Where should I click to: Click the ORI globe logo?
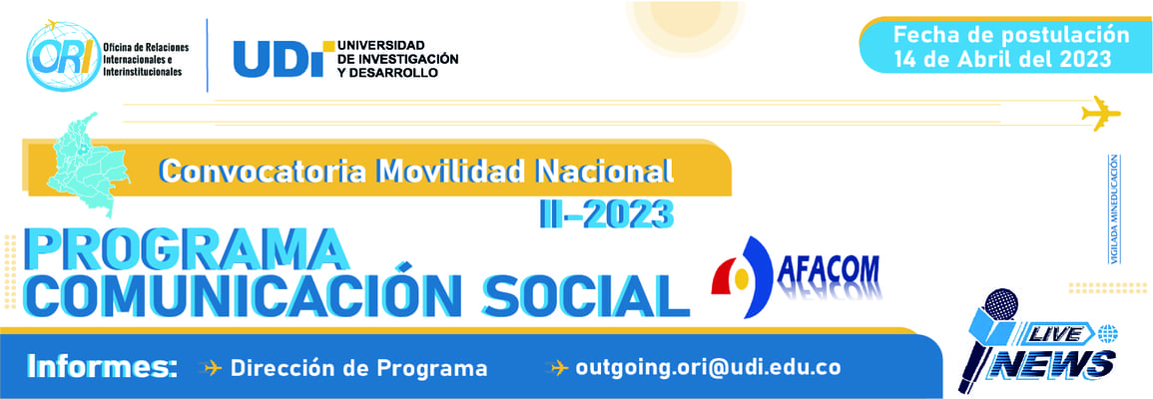(x=63, y=56)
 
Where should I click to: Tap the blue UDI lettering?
(x=279, y=59)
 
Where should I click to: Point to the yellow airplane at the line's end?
(x=1101, y=113)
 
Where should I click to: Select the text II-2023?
(x=607, y=213)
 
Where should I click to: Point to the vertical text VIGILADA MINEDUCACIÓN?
(x=1114, y=208)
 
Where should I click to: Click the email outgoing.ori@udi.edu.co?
(x=708, y=367)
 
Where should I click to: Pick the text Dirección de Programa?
(x=358, y=367)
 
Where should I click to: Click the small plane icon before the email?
(x=560, y=367)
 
